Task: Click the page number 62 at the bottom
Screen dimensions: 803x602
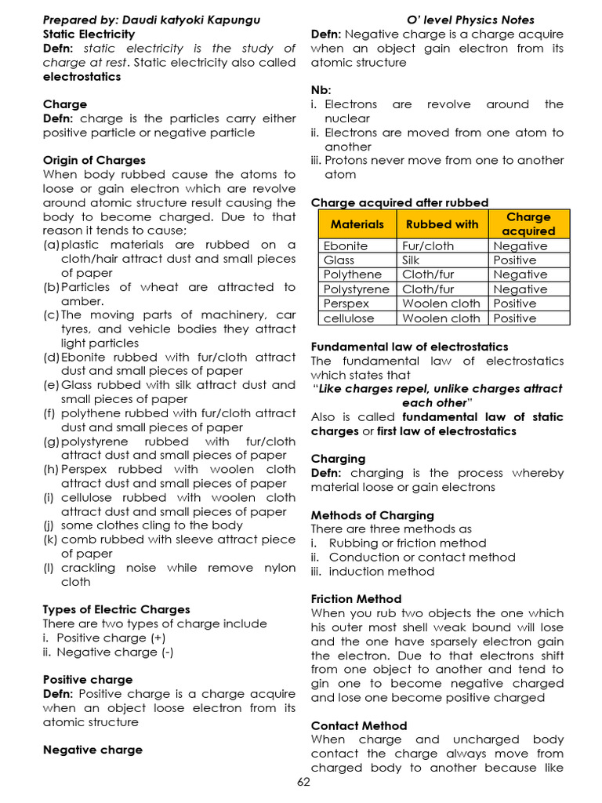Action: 303,783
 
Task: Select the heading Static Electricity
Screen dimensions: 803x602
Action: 89,35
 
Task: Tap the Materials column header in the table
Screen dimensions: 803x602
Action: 357,224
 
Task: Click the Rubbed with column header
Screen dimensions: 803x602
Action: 442,224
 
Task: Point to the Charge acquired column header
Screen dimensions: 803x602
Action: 528,223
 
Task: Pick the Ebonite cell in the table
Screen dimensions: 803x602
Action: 346,246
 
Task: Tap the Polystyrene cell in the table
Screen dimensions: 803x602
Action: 356,289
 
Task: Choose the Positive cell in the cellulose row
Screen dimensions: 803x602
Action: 514,318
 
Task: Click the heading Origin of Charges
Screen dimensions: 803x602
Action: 94,161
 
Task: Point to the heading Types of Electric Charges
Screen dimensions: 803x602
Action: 116,609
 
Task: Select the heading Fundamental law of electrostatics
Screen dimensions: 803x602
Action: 409,347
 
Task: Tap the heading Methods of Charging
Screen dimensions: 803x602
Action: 372,515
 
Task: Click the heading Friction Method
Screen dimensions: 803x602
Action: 356,599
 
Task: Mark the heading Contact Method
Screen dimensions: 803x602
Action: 359,725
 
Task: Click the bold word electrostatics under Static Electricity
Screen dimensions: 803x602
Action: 82,77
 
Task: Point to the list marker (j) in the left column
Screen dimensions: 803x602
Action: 49,525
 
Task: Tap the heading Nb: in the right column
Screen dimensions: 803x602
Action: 321,90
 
